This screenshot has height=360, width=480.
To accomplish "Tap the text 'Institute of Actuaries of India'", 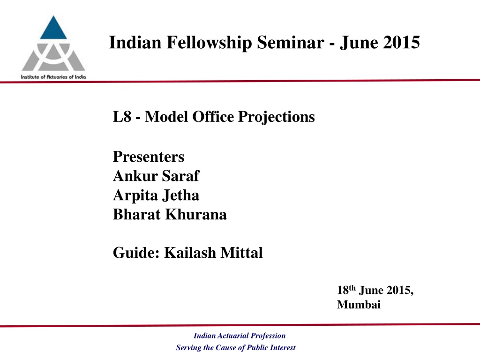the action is [x=53, y=77].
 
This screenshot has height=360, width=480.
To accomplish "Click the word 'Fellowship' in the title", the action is [x=209, y=43].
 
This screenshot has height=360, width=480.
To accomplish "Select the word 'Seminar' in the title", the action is [x=291, y=42].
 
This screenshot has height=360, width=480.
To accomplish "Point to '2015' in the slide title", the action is [x=401, y=42].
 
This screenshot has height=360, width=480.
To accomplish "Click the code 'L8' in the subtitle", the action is [x=122, y=117].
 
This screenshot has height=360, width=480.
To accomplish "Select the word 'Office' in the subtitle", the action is [x=213, y=117].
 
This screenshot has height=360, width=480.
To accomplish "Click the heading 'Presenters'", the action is [x=149, y=157].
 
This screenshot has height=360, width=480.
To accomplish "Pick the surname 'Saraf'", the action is [x=180, y=176].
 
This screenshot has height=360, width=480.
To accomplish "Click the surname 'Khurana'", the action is [x=196, y=214].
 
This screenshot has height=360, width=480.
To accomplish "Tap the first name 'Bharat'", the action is [x=137, y=214].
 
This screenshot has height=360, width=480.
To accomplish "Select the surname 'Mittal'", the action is [x=241, y=253].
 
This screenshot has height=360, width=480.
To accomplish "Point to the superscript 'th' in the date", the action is [x=352, y=288].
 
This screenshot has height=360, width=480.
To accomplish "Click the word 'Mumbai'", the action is [x=359, y=305].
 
